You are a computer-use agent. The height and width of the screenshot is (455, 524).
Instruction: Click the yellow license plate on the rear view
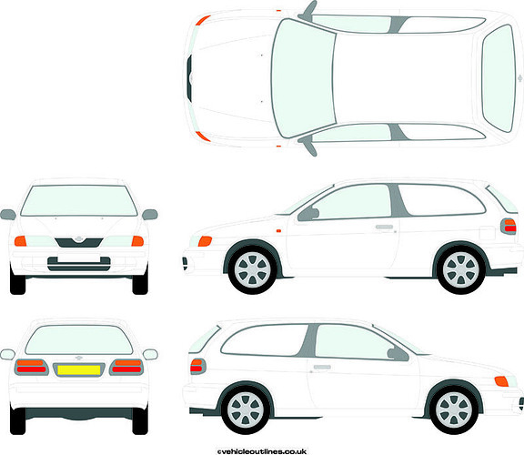tap(79, 369)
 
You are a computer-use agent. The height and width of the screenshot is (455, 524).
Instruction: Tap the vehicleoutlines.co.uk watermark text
tap(262, 451)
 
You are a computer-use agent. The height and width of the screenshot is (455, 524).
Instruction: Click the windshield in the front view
tap(79, 200)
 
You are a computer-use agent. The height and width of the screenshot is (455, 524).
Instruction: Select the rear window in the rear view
tap(79, 339)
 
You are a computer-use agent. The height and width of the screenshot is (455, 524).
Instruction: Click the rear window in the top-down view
tap(499, 78)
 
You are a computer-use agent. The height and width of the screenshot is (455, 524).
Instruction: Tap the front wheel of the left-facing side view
tap(252, 269)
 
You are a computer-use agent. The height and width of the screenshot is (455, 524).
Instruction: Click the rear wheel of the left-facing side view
tap(461, 269)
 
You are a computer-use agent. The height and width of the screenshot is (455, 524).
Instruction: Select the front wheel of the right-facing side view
tap(454, 409)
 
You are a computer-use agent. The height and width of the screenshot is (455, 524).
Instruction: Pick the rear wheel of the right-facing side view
tap(246, 409)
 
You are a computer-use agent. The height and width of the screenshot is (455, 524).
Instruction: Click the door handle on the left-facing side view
tap(384, 227)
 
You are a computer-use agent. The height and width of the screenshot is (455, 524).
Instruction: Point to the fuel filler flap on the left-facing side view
tap(487, 233)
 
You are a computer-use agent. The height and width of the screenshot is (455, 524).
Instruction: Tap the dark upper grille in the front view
tap(79, 242)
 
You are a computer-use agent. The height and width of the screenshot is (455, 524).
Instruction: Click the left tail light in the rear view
tap(32, 367)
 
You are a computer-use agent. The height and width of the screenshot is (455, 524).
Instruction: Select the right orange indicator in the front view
tap(137, 241)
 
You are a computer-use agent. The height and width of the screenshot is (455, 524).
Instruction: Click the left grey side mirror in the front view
tap(8, 214)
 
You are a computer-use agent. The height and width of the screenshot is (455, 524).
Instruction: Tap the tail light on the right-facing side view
tap(197, 367)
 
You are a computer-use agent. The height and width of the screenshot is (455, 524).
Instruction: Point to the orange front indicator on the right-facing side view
tap(501, 381)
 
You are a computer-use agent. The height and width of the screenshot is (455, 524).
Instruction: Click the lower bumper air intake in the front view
tap(79, 264)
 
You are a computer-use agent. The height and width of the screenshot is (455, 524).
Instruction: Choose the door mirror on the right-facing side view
tap(398, 354)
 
